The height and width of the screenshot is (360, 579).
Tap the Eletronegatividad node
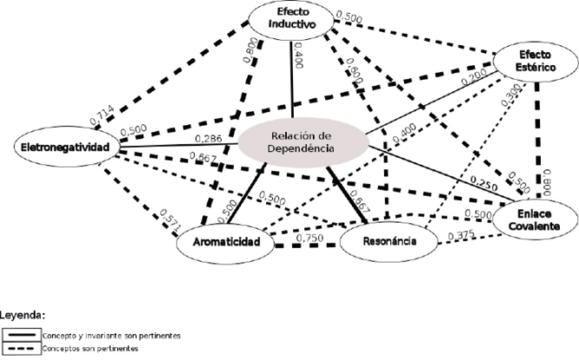[x=67, y=148]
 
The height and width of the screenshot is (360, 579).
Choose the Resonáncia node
[x=387, y=244]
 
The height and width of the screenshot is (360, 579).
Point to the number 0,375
[x=461, y=234]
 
